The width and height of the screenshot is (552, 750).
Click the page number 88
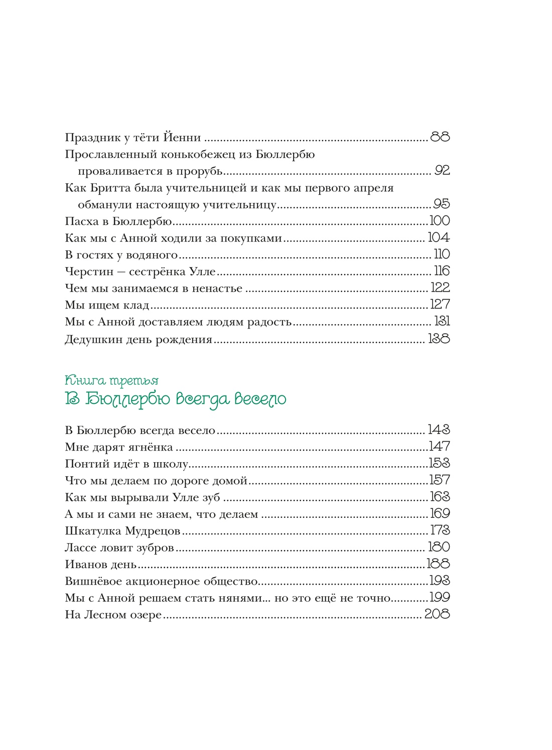click(x=440, y=137)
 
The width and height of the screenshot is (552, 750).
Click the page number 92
click(x=442, y=170)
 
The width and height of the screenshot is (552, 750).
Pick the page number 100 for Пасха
click(x=440, y=221)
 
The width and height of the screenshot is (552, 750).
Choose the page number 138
click(x=439, y=339)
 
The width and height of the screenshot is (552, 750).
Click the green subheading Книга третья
click(x=111, y=381)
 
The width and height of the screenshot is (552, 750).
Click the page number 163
click(x=440, y=497)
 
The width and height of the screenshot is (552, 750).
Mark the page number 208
click(x=437, y=614)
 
